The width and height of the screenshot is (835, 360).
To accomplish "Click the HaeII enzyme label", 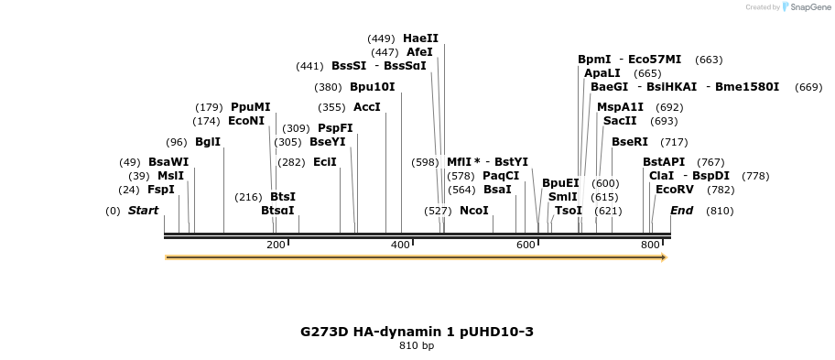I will (x=420, y=38).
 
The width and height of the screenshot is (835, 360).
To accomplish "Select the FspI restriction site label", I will (x=160, y=190).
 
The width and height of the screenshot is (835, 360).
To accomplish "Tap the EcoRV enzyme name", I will (x=675, y=190).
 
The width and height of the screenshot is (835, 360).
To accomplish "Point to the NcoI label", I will (x=473, y=211).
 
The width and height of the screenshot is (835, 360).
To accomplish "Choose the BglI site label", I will (x=207, y=142).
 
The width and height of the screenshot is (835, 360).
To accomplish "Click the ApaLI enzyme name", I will (x=602, y=73).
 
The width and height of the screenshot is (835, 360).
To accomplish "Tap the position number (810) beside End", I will (x=720, y=211).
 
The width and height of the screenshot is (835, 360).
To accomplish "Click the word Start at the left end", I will (x=143, y=211).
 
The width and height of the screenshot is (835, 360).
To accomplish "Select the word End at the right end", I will (x=681, y=211).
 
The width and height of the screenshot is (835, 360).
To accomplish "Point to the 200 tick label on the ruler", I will (x=276, y=245).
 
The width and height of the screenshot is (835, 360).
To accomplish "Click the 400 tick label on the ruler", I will (x=400, y=245).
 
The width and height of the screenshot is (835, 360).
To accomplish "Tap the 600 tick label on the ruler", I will (x=526, y=245).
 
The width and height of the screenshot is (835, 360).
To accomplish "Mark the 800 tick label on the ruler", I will (x=650, y=245).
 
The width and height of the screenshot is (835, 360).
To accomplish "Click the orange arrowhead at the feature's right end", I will (x=664, y=257).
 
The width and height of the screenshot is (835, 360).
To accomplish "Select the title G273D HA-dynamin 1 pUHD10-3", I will (x=417, y=332).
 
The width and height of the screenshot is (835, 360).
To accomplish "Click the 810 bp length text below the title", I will (x=417, y=346).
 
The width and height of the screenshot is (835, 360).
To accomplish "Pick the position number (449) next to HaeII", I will (x=381, y=38).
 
